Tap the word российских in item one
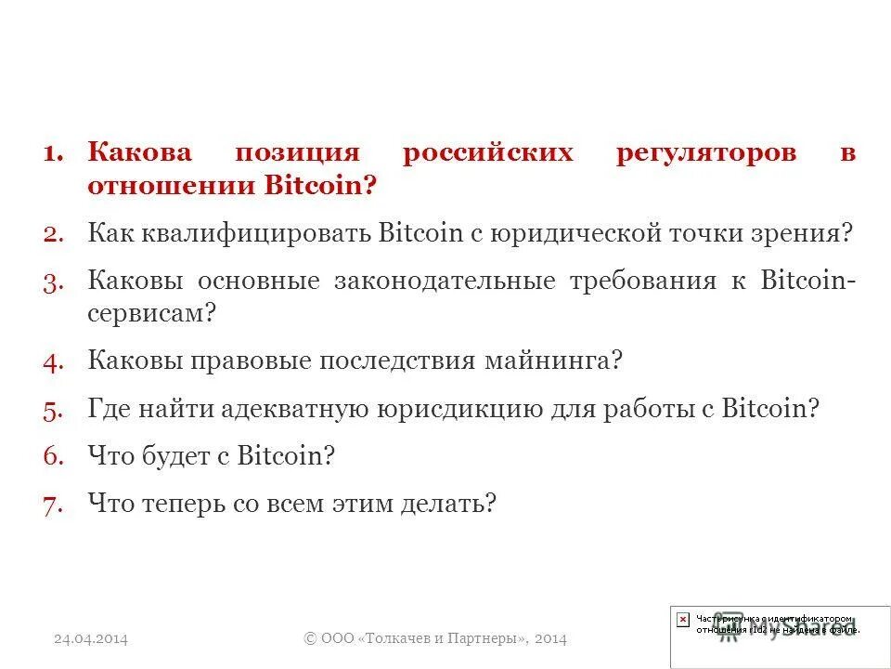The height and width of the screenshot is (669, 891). pyautogui.click(x=488, y=153)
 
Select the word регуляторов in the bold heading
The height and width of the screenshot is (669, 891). pyautogui.click(x=706, y=153)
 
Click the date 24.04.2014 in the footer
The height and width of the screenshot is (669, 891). pyautogui.click(x=90, y=638)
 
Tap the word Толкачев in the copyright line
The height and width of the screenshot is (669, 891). pyautogui.click(x=401, y=638)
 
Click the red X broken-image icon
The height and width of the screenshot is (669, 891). pyautogui.click(x=683, y=619)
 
